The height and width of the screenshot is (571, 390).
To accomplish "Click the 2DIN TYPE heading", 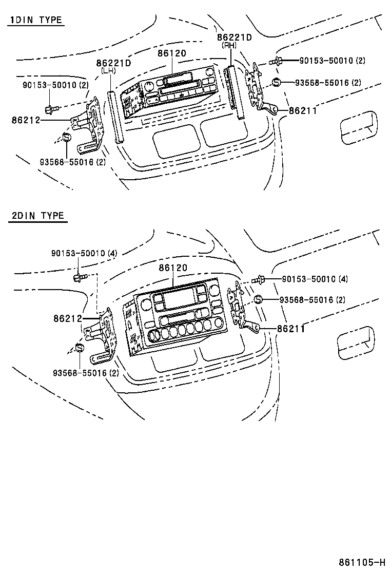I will [38, 215].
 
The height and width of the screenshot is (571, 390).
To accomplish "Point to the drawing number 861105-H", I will [361, 562].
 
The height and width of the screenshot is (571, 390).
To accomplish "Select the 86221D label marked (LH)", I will [113, 63].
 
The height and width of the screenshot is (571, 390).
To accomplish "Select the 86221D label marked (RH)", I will [235, 37].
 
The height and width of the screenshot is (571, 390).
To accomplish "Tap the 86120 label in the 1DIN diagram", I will [172, 53].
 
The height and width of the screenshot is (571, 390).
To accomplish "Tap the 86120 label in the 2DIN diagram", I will [173, 268].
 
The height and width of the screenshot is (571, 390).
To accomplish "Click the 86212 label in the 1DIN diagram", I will [25, 120].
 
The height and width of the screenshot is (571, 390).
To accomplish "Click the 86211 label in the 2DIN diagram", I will [291, 329].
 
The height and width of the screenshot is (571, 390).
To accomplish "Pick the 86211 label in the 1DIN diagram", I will [303, 110].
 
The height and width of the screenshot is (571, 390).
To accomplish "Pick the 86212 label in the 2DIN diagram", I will [67, 318].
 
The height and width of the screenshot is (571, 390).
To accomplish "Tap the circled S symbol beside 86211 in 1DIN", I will [276, 82].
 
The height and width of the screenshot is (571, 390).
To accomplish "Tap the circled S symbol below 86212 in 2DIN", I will [80, 348].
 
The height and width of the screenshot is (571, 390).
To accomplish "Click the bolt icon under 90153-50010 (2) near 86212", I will [50, 108].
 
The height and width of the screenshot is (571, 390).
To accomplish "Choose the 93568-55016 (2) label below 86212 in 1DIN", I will [72, 162].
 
